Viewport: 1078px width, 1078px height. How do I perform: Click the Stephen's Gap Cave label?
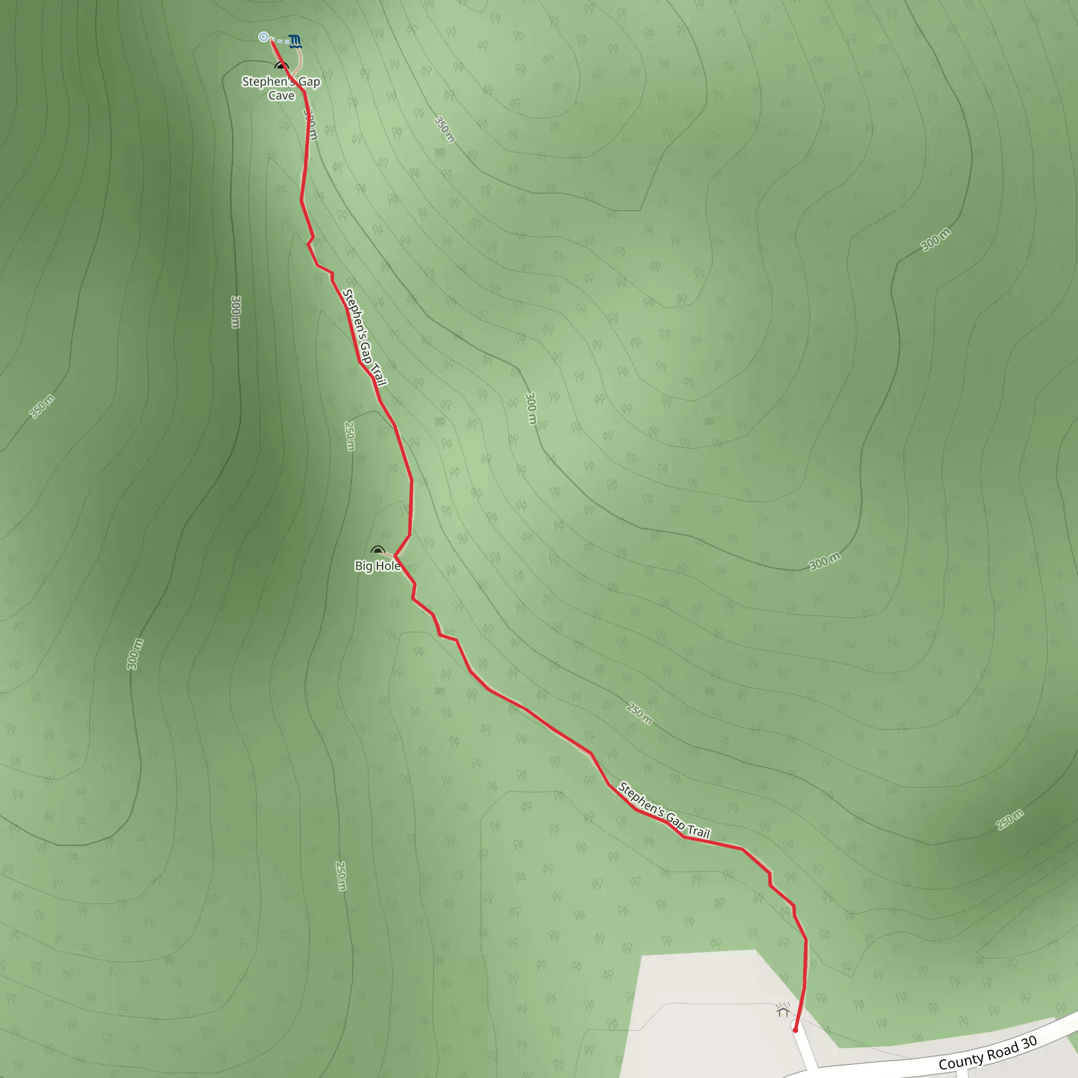(x=281, y=88)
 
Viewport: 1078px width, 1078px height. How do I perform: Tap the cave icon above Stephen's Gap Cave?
(x=282, y=66)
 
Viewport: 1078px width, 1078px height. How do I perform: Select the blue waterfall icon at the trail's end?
(x=296, y=41)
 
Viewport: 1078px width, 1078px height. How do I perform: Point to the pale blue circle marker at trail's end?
(x=264, y=37)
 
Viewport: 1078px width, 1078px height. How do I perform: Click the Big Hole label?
(x=378, y=566)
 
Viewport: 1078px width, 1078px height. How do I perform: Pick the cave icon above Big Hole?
(x=378, y=551)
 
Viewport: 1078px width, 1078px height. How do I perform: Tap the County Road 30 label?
(x=987, y=1052)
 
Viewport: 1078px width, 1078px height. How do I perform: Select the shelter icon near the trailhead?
(x=783, y=1011)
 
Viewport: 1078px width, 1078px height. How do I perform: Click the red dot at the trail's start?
(x=796, y=1030)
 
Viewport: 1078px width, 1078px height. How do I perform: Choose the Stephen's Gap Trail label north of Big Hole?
(x=365, y=337)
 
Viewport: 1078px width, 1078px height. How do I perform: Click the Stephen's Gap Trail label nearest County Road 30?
(x=664, y=811)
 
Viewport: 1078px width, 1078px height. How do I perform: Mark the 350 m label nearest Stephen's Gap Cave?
(x=445, y=129)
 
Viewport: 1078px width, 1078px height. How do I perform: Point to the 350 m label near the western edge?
(x=43, y=406)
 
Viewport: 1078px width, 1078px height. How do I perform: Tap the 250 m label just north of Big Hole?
(x=350, y=436)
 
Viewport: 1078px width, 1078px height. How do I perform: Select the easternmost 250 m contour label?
(x=1010, y=819)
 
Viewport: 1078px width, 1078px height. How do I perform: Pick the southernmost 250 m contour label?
(x=341, y=876)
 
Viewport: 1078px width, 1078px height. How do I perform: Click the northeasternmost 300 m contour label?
(x=936, y=240)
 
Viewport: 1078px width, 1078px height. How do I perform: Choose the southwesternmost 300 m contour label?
(x=134, y=654)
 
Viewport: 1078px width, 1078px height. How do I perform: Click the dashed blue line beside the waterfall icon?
(x=281, y=41)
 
